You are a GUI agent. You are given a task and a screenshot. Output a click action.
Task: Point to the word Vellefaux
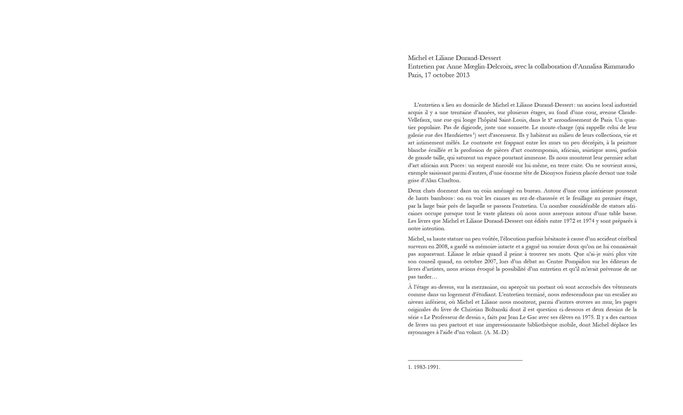pyautogui.click(x=419, y=120)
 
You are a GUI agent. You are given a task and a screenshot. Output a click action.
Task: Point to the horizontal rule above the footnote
pyautogui.click(x=465, y=360)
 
